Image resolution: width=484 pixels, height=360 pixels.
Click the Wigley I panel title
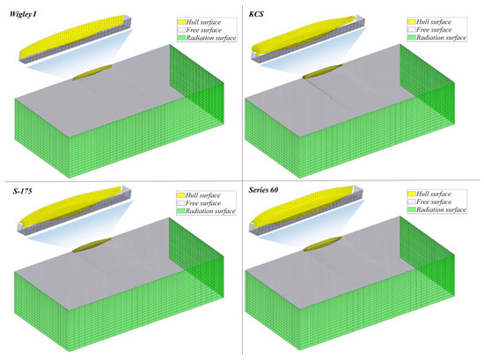pyautogui.click(x=23, y=14)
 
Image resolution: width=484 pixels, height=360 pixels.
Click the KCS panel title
pyautogui.click(x=256, y=14)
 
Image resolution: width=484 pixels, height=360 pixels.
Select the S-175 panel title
pyautogui.click(x=23, y=191)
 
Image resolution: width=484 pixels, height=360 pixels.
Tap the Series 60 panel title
pyautogui.click(x=263, y=190)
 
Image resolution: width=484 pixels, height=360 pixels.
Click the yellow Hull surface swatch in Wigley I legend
pyautogui.click(x=181, y=22)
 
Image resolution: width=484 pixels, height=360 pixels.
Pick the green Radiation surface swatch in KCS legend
pyautogui.click(x=412, y=38)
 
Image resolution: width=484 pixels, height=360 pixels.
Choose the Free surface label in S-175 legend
pyautogui.click(x=203, y=203)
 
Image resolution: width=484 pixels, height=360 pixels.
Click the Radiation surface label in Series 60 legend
pyautogui.click(x=441, y=209)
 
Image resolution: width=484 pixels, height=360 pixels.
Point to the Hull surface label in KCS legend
pyautogui.click(x=434, y=22)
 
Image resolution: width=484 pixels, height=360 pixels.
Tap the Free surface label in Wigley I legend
pyautogui.click(x=204, y=30)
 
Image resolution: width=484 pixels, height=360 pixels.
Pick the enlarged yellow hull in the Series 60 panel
pyautogui.click(x=302, y=204)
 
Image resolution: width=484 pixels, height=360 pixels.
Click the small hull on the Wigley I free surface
pyautogui.click(x=92, y=72)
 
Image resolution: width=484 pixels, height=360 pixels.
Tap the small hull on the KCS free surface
pyautogui.click(x=323, y=71)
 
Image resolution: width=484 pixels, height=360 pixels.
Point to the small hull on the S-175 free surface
pyautogui.click(x=92, y=246)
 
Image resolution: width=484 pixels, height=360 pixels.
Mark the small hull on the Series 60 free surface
pyautogui.click(x=323, y=244)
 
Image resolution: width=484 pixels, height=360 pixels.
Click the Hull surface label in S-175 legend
pyautogui.click(x=202, y=195)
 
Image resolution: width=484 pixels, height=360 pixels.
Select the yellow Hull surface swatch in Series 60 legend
pyautogui.click(x=412, y=194)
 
